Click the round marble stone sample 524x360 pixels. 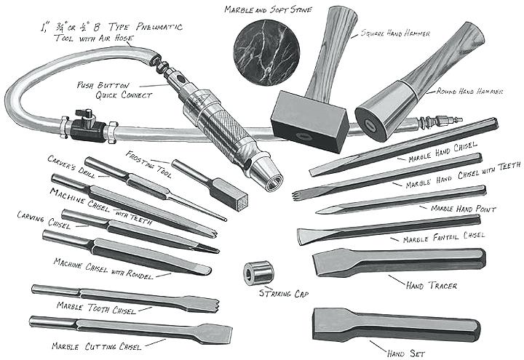266,52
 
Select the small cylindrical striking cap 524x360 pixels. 258,273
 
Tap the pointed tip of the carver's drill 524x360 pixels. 225,219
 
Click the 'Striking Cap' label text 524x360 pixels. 283,293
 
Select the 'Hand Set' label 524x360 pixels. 406,353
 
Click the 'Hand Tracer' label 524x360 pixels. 432,286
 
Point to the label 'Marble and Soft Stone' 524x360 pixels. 268,9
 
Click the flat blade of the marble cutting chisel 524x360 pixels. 216,333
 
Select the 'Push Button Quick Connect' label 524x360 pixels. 115,90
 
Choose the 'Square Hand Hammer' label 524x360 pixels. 395,33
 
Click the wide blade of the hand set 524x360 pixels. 333,324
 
